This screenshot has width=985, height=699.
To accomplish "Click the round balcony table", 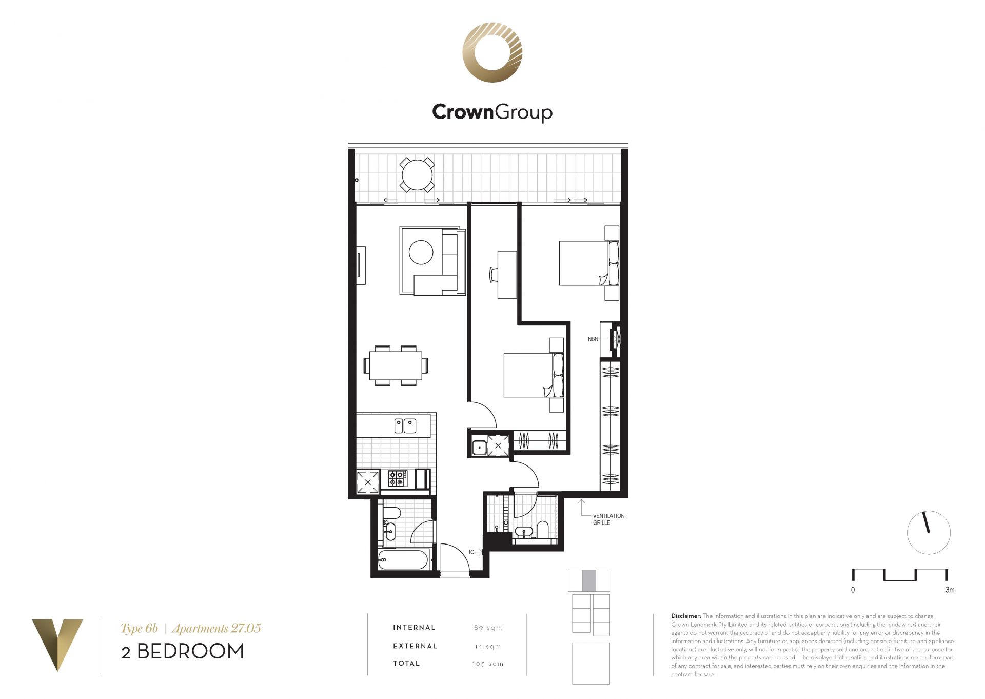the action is click(418, 175).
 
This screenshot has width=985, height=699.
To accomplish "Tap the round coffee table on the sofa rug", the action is click(421, 253).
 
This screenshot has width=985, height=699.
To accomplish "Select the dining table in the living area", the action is click(396, 365).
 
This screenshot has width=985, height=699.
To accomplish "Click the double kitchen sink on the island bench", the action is click(405, 426).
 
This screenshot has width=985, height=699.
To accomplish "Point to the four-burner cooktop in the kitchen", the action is click(398, 478).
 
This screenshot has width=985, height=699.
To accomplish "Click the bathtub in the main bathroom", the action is click(403, 560).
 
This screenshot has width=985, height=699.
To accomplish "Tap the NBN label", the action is click(593, 339).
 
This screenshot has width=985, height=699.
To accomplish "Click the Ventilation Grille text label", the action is click(608, 519).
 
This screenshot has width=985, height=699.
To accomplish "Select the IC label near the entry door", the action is click(471, 552).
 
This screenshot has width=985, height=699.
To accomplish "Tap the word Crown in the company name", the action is click(463, 111).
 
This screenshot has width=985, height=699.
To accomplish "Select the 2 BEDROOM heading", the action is click(183, 651).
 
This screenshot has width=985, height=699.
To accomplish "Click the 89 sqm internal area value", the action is click(488, 628).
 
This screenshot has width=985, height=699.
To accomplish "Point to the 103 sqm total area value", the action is click(488, 664).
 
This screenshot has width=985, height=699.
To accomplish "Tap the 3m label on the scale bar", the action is click(950, 590).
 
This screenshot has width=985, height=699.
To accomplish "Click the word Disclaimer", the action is click(686, 616).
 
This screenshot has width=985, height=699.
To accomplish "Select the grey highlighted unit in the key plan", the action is click(589, 580).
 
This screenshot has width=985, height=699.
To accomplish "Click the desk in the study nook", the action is click(507, 275).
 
